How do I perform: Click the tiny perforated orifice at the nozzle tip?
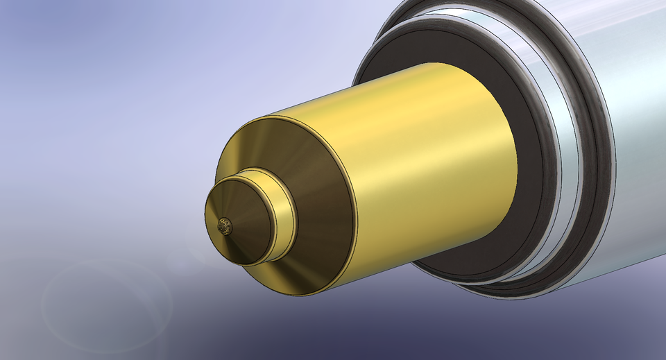point(225,226)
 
